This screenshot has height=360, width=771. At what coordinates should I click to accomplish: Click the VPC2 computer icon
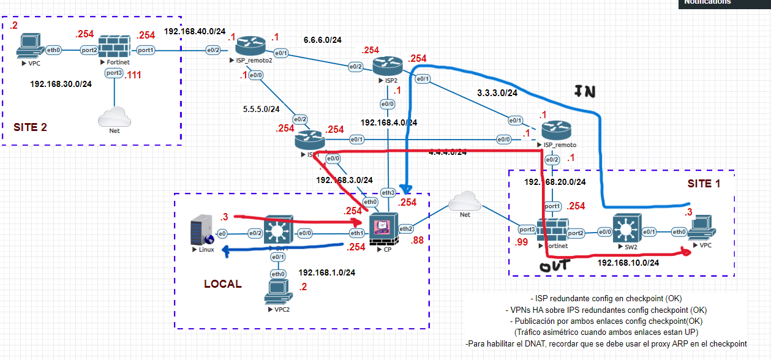click(x=277, y=294)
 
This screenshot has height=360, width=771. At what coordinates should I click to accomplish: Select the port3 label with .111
click(x=114, y=73)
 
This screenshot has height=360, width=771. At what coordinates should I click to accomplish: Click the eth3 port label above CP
click(x=388, y=192)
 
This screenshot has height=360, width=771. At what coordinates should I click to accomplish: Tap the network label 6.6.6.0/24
click(x=322, y=40)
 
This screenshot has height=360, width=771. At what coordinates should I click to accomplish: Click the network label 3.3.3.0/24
click(x=497, y=93)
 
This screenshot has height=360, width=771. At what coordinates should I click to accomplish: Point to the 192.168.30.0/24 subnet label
click(x=61, y=84)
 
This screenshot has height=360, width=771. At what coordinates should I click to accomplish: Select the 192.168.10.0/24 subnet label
click(x=628, y=263)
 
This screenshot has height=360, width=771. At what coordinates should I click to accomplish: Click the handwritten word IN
click(x=585, y=92)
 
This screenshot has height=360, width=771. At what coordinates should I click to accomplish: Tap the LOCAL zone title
click(x=222, y=284)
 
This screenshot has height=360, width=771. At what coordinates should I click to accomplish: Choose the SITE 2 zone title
click(x=30, y=127)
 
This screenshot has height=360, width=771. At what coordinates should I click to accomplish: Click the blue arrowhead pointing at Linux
click(x=225, y=249)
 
